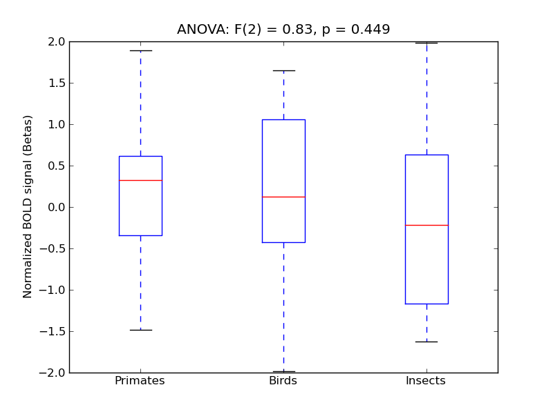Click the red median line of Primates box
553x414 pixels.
[140, 180]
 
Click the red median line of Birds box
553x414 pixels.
[283, 197]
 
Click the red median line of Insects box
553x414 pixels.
[427, 225]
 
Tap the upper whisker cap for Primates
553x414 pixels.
[140, 50]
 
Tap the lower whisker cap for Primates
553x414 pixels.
[140, 330]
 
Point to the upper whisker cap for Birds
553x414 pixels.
[283, 70]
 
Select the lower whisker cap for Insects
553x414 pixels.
[427, 342]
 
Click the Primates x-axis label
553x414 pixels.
[140, 381]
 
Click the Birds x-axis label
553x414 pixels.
[283, 381]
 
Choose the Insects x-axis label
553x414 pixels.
[426, 381]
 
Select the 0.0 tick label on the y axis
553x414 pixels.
[55, 207]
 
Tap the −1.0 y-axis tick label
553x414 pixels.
[53, 290]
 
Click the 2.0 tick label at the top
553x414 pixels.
[55, 41]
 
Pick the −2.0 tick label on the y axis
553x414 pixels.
[53, 373]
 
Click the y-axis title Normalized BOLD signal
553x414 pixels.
[28, 206]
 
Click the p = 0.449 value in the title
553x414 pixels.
[356, 30]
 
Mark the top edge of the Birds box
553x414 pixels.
[283, 119]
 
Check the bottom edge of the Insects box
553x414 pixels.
[427, 304]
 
